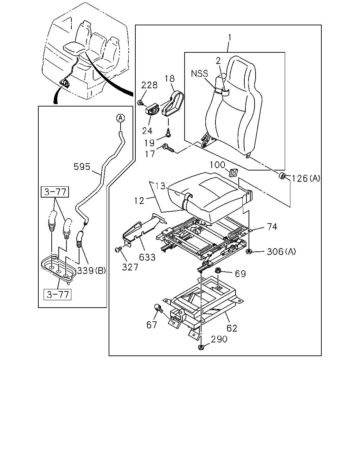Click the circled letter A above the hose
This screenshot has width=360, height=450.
120,118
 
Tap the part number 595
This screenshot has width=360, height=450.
82,167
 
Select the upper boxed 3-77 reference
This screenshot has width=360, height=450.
55,192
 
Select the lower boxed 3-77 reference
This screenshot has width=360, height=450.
57,294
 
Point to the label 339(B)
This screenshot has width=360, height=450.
91,271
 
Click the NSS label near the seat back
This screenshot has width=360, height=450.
200,73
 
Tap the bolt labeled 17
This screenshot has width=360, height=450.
168,148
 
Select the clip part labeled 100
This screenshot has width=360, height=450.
233,172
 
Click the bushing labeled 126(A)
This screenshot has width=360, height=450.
282,176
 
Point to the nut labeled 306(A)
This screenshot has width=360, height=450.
249,251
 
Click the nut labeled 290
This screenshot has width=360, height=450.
201,348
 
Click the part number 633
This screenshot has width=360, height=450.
147,257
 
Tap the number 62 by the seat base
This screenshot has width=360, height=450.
232,328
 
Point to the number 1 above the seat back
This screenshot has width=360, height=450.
230,37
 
